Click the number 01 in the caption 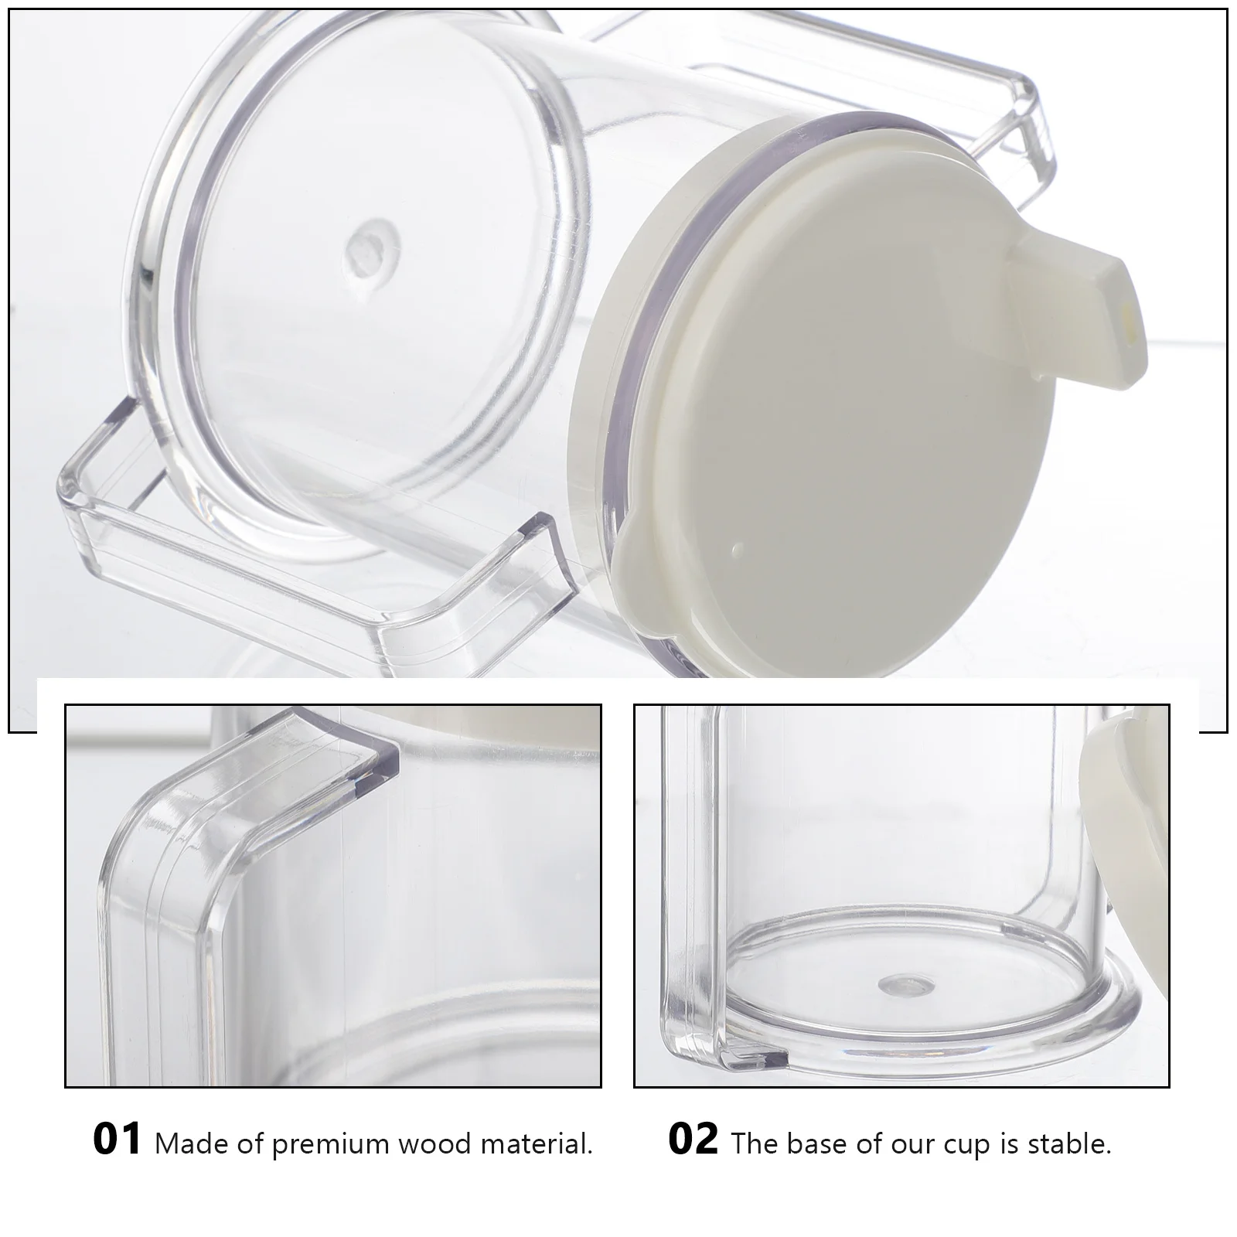click(117, 1140)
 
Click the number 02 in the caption click(693, 1140)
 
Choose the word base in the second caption click(810, 1143)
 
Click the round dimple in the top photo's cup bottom click(366, 249)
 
